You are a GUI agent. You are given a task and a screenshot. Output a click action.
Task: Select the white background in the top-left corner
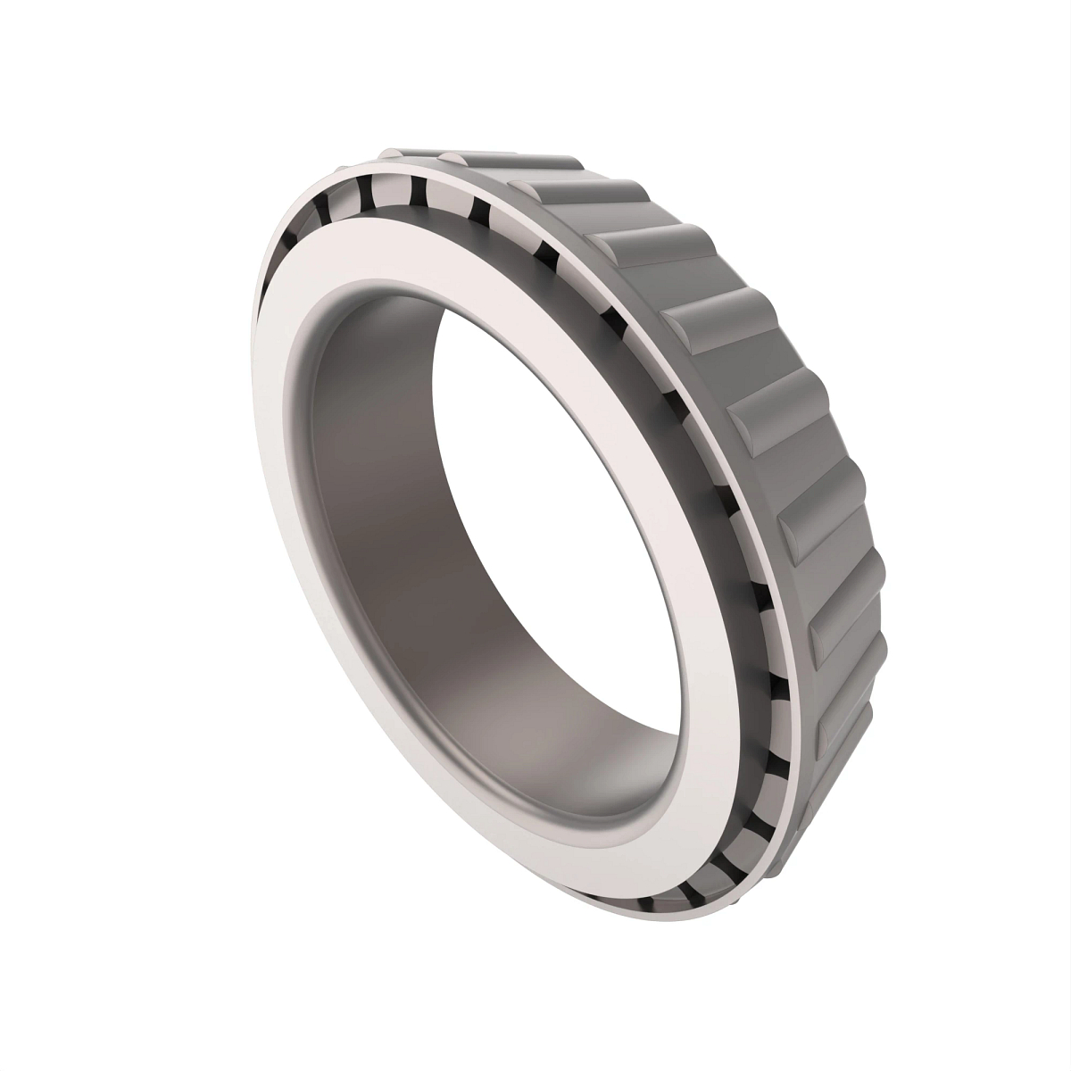point(54,54)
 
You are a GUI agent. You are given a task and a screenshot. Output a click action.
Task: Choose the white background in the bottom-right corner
point(1017,1017)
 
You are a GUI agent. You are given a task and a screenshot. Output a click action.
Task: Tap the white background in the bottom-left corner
point(54,1017)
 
